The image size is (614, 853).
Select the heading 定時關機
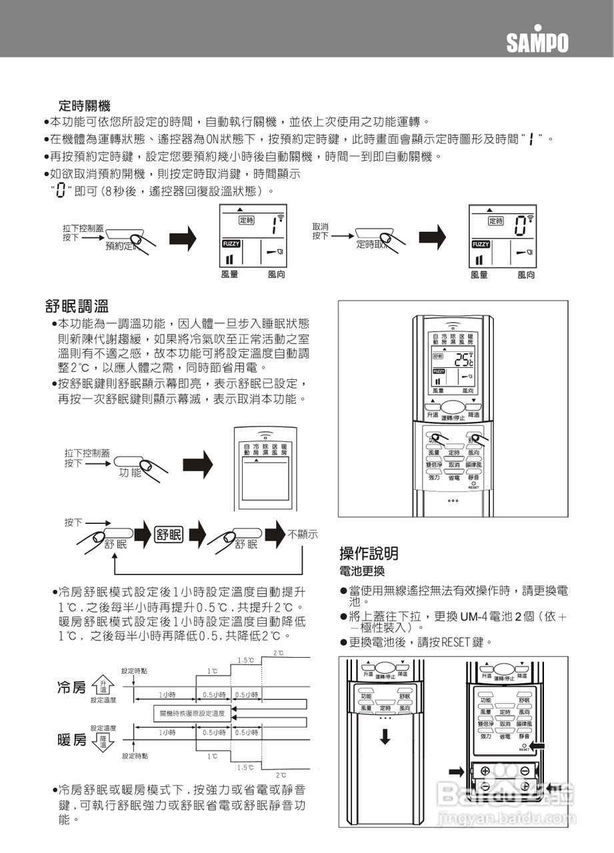coord(84,105)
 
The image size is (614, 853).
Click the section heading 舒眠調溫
coord(77,307)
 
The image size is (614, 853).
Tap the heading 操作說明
coord(369,552)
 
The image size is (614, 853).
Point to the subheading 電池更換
coord(362,572)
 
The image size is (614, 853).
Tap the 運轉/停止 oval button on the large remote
coord(453,409)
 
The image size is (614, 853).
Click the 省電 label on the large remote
coord(453,477)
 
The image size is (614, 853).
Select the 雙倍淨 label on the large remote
coord(435,464)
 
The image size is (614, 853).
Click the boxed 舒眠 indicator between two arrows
coord(169,534)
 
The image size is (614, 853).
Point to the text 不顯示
coord(302,534)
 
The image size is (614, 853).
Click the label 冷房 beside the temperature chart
coord(72,687)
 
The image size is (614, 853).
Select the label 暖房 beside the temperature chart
coord(72,740)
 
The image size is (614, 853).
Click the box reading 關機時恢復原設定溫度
coord(192,714)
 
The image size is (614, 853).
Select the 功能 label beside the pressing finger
coord(131,472)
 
